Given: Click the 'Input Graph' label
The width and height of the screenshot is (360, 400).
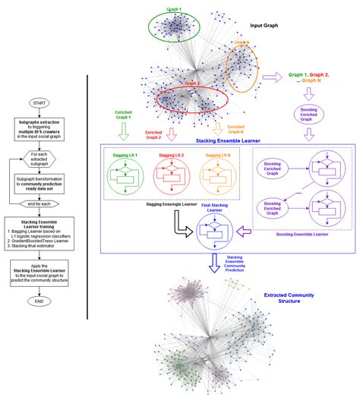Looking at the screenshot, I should point(264,25).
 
